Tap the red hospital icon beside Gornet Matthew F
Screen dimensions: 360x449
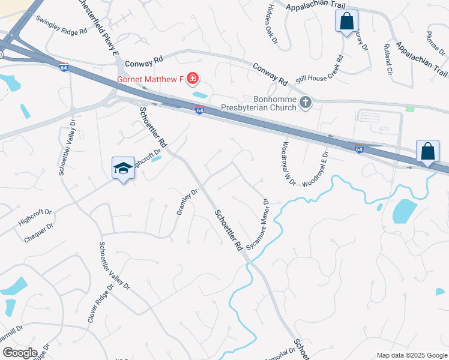(x=193, y=79)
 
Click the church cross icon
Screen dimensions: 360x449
(x=306, y=103)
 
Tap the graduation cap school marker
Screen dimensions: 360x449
(x=123, y=169)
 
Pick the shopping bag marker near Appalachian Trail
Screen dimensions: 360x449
(x=346, y=22)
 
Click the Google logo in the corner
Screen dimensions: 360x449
(x=20, y=353)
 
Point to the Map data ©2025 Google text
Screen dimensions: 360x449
(x=411, y=355)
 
